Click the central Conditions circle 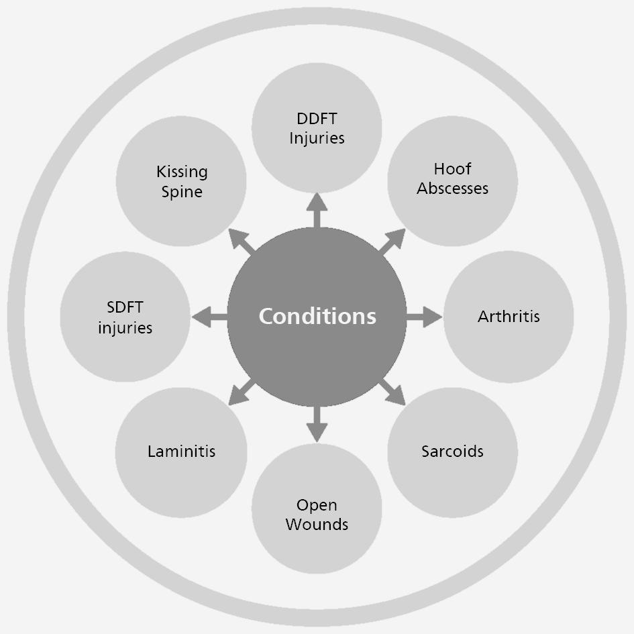click(x=317, y=317)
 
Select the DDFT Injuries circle click(x=317, y=128)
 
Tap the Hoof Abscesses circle click(x=452, y=179)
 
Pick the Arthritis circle click(x=509, y=317)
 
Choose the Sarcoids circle click(x=452, y=452)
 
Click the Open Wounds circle click(x=317, y=514)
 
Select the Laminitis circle click(x=181, y=452)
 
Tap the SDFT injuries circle click(x=125, y=317)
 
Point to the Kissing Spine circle click(x=181, y=181)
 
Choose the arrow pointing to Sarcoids click(x=392, y=392)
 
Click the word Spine click(x=182, y=192)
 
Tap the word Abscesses click(x=452, y=189)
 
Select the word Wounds click(x=317, y=524)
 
